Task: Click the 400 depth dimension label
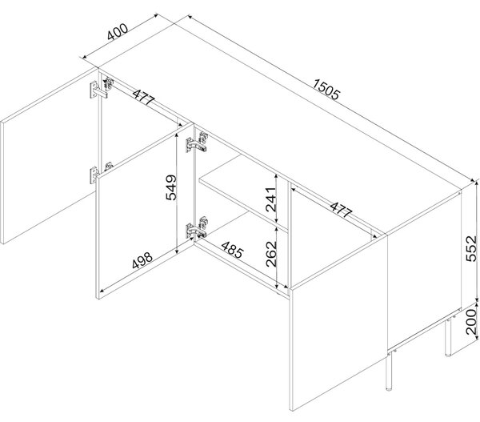(118, 31)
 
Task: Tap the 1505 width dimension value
(326, 90)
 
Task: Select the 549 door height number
(171, 187)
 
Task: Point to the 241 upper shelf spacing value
(271, 199)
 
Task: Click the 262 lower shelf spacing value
(271, 254)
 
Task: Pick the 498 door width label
(142, 260)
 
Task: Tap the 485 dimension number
(232, 250)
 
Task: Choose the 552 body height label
(471, 248)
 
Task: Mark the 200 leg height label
(471, 322)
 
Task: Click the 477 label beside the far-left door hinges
(143, 97)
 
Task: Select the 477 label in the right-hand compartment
(341, 210)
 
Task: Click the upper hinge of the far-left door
(102, 88)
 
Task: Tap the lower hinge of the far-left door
(100, 172)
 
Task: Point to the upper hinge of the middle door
(197, 143)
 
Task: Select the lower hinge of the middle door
(197, 227)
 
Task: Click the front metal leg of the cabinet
(389, 372)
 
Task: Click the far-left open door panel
(48, 155)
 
